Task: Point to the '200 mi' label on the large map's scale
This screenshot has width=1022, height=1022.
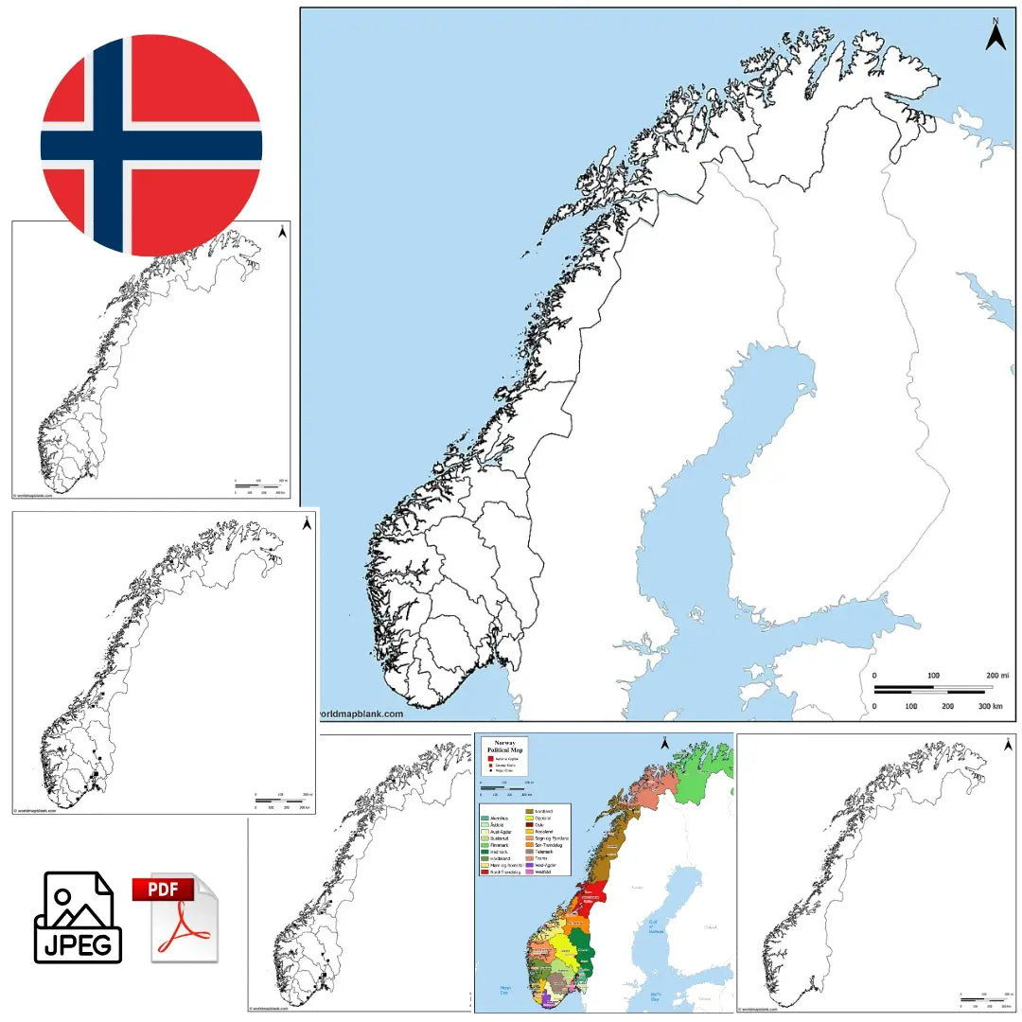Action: pyautogui.click(x=997, y=675)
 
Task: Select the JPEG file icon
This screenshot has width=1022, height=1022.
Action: pyautogui.click(x=78, y=917)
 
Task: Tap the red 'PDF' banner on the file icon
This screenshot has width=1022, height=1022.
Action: pyautogui.click(x=162, y=890)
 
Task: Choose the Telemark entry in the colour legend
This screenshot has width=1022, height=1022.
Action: pyautogui.click(x=545, y=852)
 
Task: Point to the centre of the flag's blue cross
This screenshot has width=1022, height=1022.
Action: pyautogui.click(x=109, y=146)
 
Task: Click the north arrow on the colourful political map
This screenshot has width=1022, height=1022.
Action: pyautogui.click(x=666, y=744)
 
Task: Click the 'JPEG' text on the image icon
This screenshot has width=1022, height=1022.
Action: pyautogui.click(x=78, y=943)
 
